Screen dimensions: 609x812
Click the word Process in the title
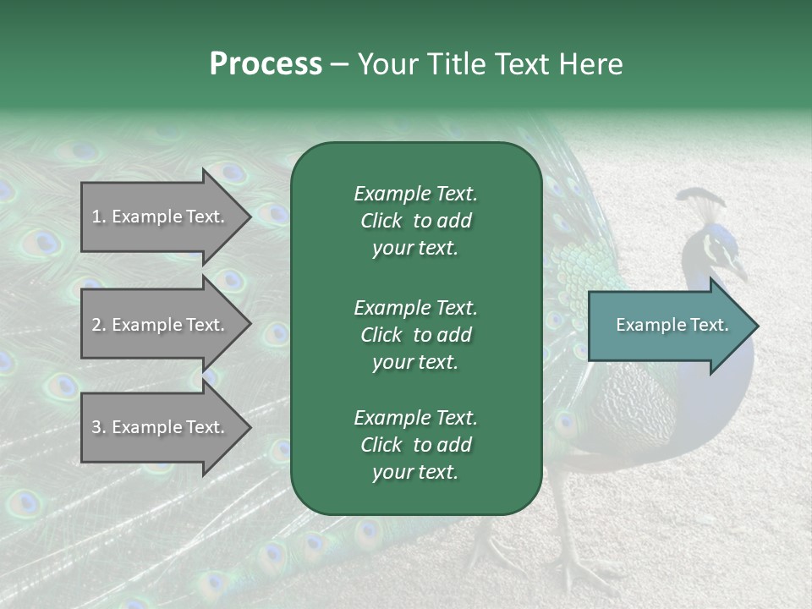coord(266,64)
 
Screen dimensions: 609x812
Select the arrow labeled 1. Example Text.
coord(161,217)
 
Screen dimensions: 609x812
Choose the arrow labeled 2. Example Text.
coord(161,325)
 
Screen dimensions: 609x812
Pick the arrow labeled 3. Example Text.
coord(161,427)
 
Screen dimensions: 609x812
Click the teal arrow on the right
coord(668,325)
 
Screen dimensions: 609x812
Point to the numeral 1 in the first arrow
coord(96,217)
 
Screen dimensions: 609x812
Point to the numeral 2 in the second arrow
coord(96,325)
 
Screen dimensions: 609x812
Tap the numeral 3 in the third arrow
coord(96,427)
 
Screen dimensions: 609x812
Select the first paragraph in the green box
coord(415,221)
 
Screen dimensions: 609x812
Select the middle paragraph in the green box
coord(415,334)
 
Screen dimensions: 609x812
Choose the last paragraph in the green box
coord(415,445)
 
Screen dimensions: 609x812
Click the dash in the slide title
coord(339,64)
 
